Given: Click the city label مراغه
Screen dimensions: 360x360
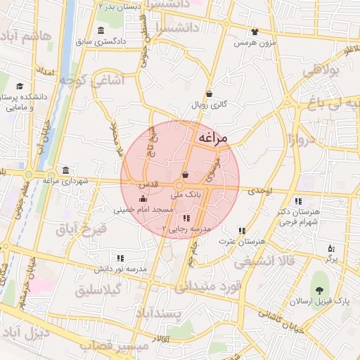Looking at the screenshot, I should pos(212,139).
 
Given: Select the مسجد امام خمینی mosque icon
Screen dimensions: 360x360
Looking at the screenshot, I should pos(144,200).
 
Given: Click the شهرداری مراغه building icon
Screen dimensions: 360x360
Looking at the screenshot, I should pos(65,170).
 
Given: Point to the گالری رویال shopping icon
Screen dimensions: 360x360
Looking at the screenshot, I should pos(209,94).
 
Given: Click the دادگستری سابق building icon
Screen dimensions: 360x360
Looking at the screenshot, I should pos(102,30).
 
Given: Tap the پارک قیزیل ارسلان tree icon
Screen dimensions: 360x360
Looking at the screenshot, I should pos(320,290).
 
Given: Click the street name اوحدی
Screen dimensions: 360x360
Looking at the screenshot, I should pos(259,191).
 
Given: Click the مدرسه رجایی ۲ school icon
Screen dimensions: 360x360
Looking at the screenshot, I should pos(186,219).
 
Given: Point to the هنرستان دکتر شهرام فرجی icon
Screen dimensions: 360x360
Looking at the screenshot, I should pos(299,202).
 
